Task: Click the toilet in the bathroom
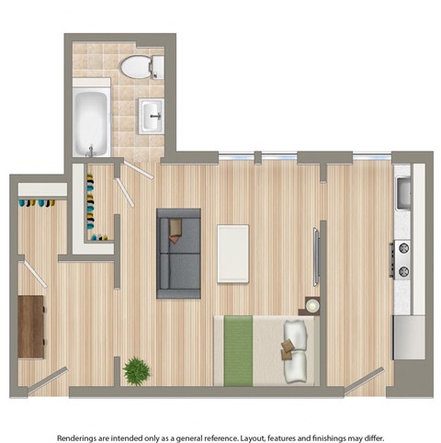141,66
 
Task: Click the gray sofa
178,253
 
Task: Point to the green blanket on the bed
239,349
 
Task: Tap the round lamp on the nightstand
312,305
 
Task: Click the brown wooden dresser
31,325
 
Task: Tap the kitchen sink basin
402,192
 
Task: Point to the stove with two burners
402,259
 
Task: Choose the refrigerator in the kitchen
408,336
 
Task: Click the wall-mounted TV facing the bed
316,256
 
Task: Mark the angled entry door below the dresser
46,379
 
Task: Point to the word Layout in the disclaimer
260,414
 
